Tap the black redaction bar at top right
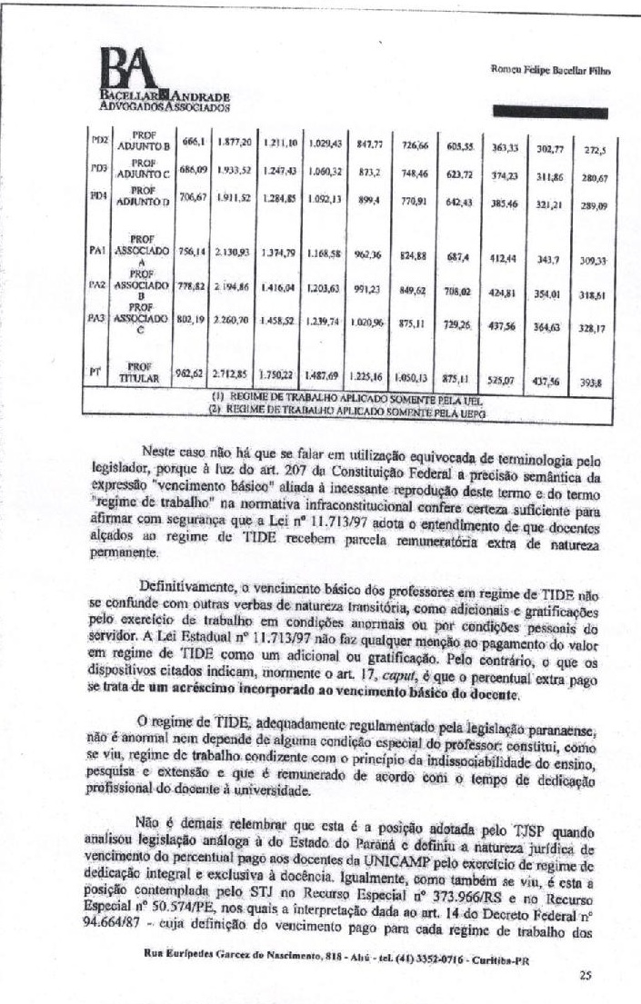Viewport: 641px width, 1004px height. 551,113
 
